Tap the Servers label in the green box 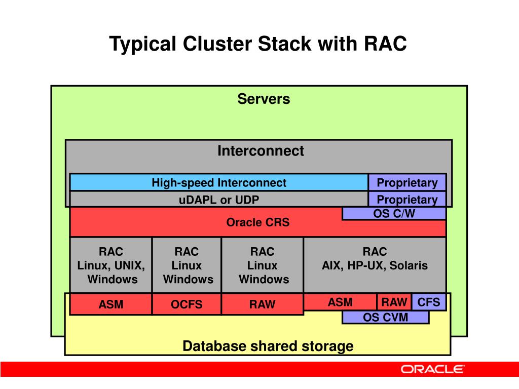264,99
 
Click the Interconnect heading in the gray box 261,151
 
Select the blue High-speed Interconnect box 219,182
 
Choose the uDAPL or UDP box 219,200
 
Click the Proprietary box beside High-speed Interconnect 407,182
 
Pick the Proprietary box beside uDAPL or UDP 407,200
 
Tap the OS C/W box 394,213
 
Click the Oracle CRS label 258,222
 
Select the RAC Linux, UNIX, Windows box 111,265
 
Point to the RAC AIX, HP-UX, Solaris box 375,265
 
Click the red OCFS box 187,304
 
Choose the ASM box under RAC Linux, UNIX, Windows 111,304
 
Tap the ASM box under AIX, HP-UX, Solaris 340,302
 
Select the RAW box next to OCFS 262,304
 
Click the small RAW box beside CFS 394,302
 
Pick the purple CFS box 429,302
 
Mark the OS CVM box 386,317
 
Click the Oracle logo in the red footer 433,369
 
